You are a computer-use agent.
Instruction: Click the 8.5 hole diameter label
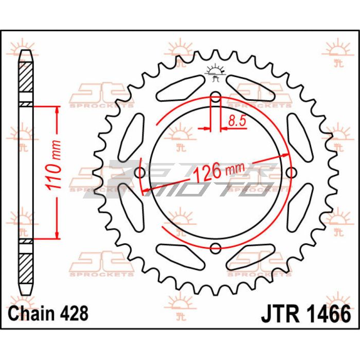coord(237,120)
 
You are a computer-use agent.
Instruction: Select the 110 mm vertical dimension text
coord(54,165)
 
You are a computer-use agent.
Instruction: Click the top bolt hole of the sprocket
coord(215,97)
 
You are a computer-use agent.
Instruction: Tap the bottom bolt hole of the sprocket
coord(215,248)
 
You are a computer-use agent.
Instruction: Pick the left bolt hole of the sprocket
coord(140,173)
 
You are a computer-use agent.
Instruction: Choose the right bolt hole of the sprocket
coord(291,173)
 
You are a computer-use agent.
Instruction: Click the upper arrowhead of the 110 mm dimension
coord(57,111)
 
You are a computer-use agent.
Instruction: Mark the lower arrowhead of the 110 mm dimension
coord(57,235)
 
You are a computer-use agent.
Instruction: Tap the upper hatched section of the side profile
coord(26,77)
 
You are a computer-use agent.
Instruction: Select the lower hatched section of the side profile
coord(26,268)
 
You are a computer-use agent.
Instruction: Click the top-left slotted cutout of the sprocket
coord(181,88)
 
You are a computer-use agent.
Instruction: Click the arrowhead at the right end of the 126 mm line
coord(284,155)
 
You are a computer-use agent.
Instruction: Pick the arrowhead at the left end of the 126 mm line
coord(146,190)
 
